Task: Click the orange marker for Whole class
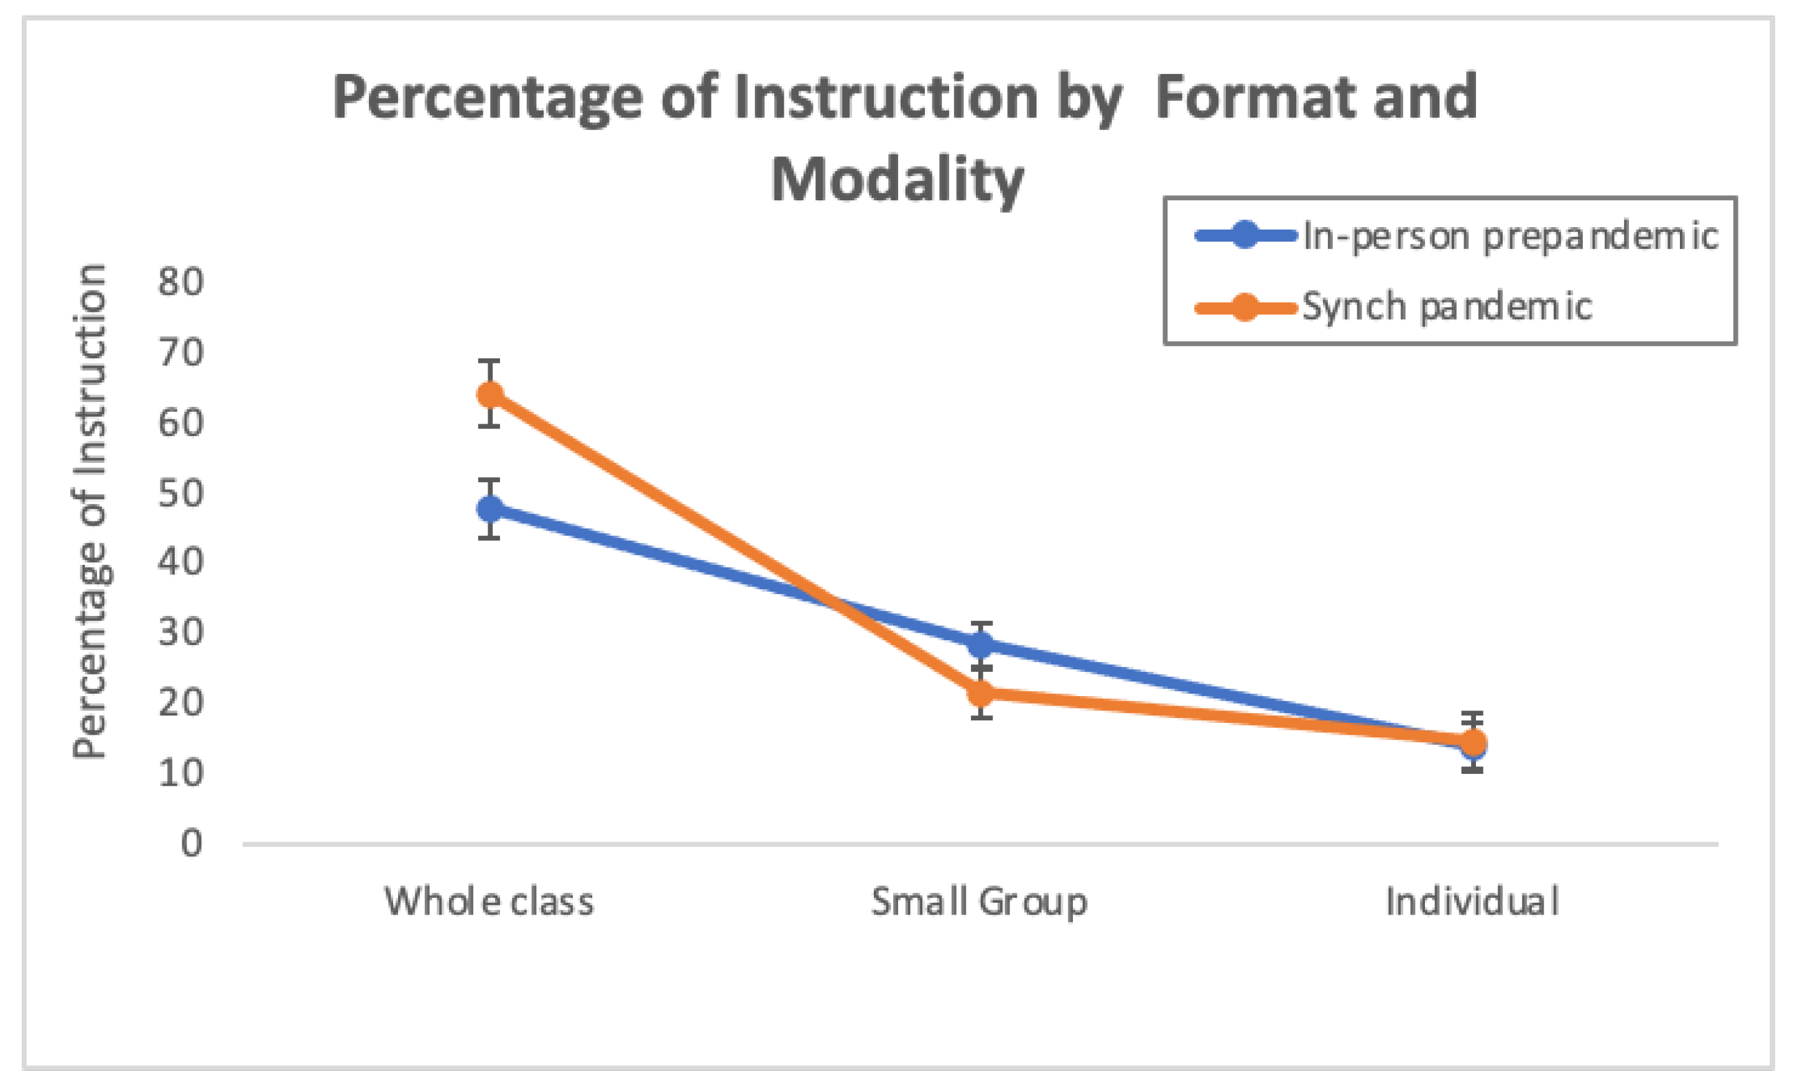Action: (490, 394)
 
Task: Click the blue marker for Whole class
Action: (490, 508)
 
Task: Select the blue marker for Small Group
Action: (981, 643)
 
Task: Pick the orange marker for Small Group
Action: (981, 692)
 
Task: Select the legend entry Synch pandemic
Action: (1446, 307)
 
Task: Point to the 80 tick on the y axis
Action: (180, 281)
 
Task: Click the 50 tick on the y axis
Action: (180, 493)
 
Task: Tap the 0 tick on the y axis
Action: (192, 844)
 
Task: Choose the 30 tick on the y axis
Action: (180, 631)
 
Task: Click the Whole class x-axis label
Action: (489, 901)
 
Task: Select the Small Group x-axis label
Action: (979, 902)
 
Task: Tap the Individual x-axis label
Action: (1472, 901)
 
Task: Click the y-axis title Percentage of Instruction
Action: (90, 511)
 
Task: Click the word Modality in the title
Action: (898, 180)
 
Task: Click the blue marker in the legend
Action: (1246, 235)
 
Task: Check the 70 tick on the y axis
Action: (180, 352)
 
